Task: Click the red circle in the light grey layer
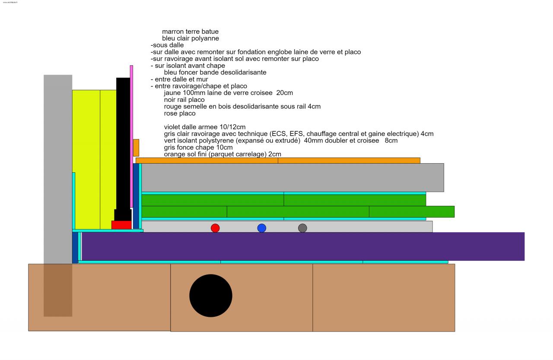[x=215, y=228]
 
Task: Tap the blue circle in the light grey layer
[x=262, y=228]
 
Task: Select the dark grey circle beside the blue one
[x=302, y=228]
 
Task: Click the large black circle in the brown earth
[x=211, y=296]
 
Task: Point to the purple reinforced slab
[x=302, y=246]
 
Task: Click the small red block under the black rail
[x=121, y=225]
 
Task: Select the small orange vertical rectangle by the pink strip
[x=136, y=148]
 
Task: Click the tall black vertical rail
[x=123, y=142]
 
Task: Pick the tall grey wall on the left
[x=58, y=168]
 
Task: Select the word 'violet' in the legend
[x=172, y=127]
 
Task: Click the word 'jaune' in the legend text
[x=173, y=93]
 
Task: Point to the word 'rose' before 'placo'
[x=171, y=114]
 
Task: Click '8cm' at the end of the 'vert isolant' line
[x=391, y=141]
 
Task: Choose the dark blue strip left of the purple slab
[x=75, y=247]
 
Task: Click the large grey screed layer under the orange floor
[x=292, y=177]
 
